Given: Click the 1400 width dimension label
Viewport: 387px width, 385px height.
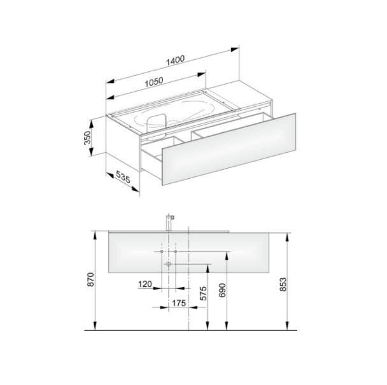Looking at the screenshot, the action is point(175,60).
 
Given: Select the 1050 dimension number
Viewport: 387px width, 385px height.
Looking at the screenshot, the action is point(154,82).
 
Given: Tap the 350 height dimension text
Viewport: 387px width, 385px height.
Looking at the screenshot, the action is point(87,138).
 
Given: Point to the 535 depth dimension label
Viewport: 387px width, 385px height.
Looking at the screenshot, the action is point(123,177).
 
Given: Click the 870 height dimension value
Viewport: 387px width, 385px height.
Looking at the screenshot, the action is point(91,279).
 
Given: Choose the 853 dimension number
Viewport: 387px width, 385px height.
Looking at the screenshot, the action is point(283,284).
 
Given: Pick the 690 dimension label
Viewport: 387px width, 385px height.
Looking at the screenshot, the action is point(222,290).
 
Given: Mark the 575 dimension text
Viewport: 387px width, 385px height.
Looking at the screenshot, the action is point(203,293).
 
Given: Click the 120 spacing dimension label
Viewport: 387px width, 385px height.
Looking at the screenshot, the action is point(145,284).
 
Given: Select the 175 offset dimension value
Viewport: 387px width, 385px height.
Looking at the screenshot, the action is point(179,303).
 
